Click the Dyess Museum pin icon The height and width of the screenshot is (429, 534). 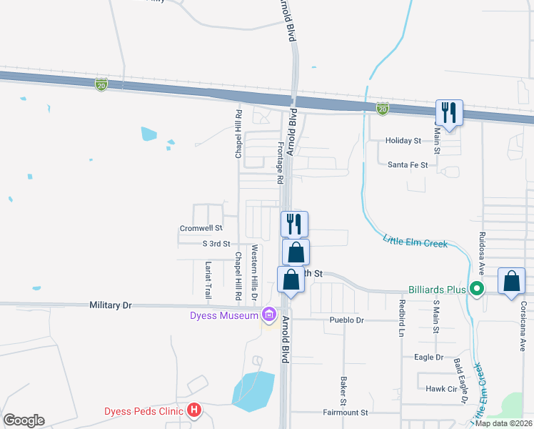click(269, 314)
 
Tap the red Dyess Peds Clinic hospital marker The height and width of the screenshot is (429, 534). click(193, 410)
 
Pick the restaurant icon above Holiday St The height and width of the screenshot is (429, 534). click(449, 113)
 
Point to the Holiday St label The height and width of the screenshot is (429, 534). click(403, 142)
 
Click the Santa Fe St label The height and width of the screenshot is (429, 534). click(408, 165)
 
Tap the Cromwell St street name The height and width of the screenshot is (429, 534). click(201, 229)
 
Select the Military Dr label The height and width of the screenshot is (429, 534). click(111, 305)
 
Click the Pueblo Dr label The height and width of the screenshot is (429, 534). click(347, 320)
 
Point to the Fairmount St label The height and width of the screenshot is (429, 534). click(345, 413)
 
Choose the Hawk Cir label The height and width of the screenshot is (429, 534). click(441, 389)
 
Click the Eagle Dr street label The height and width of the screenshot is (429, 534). click(428, 357)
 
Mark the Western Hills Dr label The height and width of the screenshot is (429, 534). click(254, 272)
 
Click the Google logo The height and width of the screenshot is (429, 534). click(24, 420)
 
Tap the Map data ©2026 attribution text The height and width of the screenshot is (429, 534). click(503, 423)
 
